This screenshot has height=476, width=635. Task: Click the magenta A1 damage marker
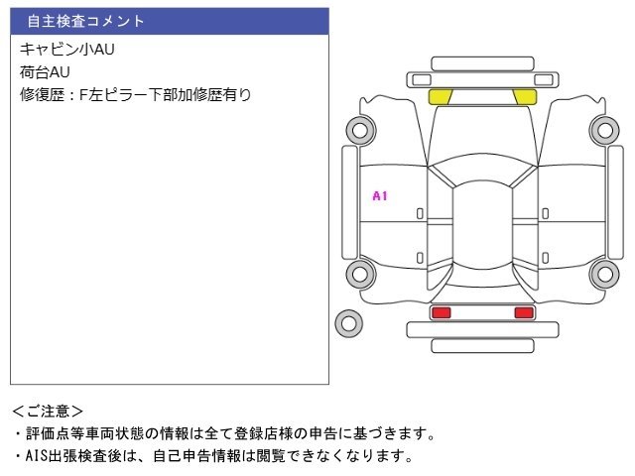pyautogui.click(x=379, y=196)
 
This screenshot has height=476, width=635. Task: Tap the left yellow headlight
pyautogui.click(x=440, y=97)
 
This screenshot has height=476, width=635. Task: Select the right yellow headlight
pyautogui.click(x=524, y=97)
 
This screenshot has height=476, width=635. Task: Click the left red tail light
pyautogui.click(x=441, y=313)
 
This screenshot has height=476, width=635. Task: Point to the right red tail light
pyautogui.click(x=523, y=313)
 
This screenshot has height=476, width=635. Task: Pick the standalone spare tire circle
pyautogui.click(x=347, y=322)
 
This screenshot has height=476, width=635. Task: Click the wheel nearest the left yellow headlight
pyautogui.click(x=359, y=129)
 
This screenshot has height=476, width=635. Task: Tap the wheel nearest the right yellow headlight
pyautogui.click(x=603, y=129)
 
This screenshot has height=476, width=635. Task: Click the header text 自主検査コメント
pyautogui.click(x=85, y=21)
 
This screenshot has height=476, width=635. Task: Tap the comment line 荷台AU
pyautogui.click(x=45, y=72)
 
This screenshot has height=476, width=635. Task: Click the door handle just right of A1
pyautogui.click(x=420, y=213)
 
